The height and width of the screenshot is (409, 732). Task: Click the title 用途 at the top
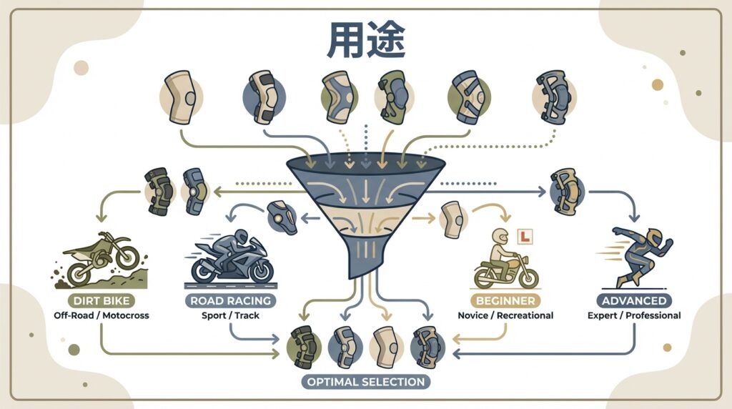(x=366, y=42)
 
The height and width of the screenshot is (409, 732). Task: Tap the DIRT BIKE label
(x=102, y=301)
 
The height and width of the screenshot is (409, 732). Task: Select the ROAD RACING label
(x=230, y=301)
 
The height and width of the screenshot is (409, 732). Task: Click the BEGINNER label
(x=504, y=301)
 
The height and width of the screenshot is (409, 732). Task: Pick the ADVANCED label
(x=634, y=301)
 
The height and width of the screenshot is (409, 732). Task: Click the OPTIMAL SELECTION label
(x=365, y=381)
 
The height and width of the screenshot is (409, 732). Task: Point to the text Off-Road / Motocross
(x=102, y=315)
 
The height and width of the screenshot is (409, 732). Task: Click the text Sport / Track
(x=230, y=315)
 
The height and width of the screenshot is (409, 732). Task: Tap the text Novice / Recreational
(x=505, y=315)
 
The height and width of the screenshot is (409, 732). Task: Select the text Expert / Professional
(x=635, y=315)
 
